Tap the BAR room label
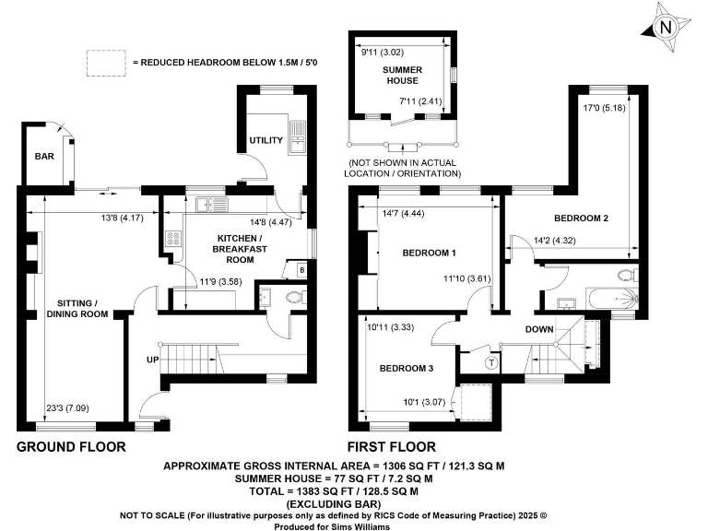(43, 157)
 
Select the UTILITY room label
(265, 140)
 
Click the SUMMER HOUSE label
(402, 76)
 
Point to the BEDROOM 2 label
(581, 218)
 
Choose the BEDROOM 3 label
(406, 368)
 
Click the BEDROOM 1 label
(430, 253)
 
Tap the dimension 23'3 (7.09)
(67, 408)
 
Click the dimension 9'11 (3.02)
(382, 52)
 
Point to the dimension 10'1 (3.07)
(423, 401)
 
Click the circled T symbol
(490, 361)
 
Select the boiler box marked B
(301, 270)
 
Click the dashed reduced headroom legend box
(106, 62)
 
